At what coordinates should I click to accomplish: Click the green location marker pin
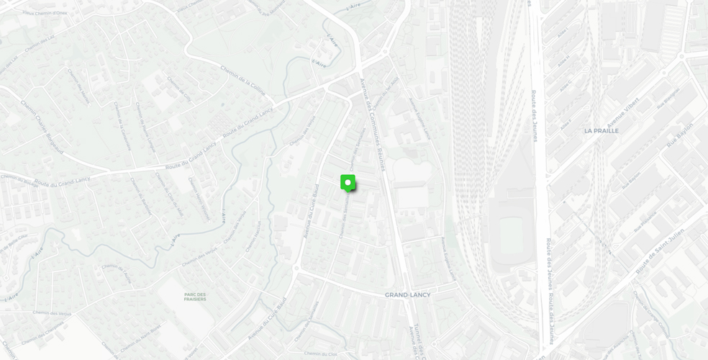pos(348,183)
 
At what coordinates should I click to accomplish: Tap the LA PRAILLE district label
pos(601,131)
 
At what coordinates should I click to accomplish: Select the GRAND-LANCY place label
pos(407,295)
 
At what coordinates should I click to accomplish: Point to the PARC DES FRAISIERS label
pos(194,297)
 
